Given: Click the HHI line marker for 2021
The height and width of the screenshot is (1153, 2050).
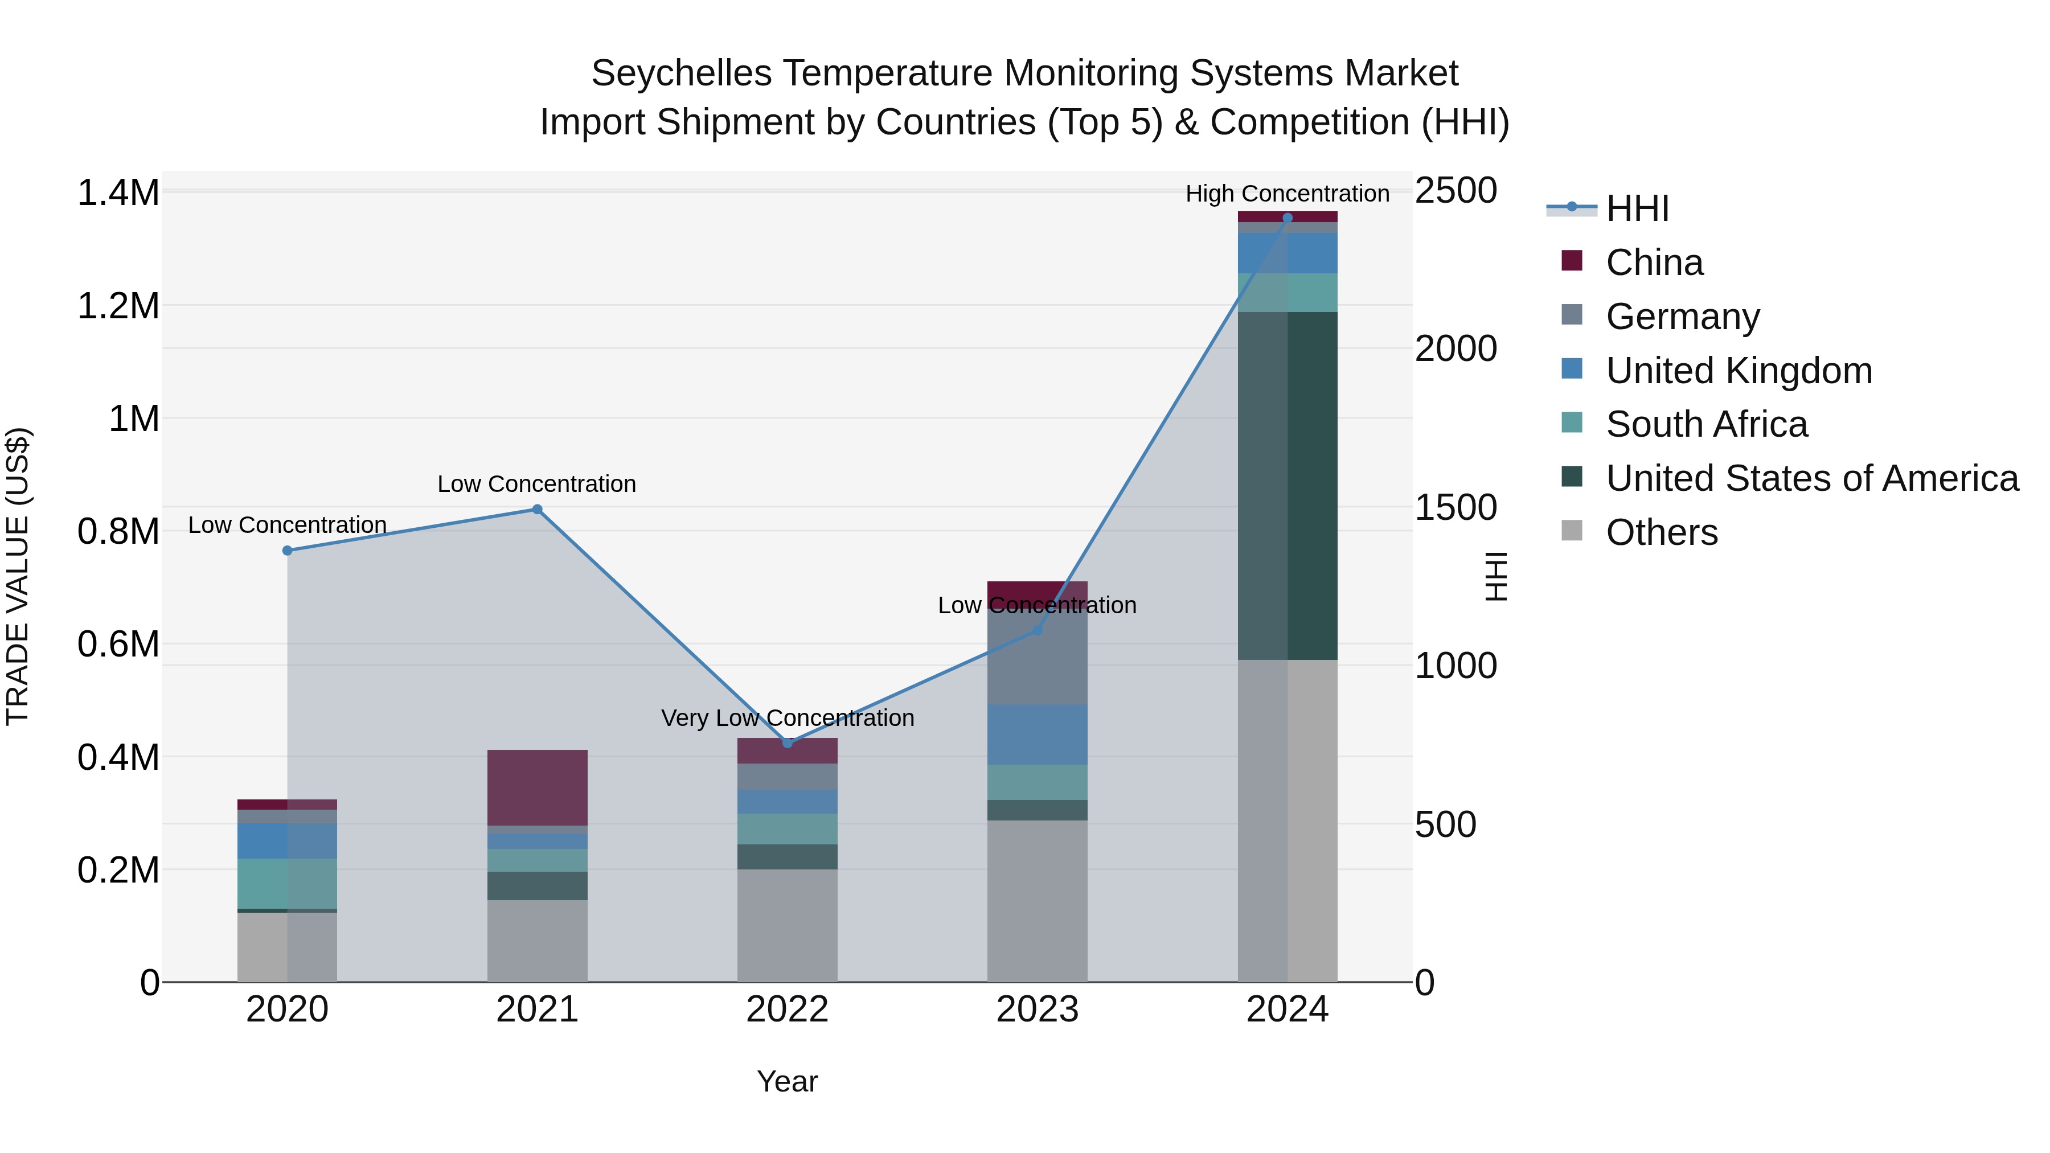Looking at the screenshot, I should pyautogui.click(x=537, y=509).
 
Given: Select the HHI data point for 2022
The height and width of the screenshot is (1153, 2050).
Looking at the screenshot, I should pyautogui.click(x=787, y=743).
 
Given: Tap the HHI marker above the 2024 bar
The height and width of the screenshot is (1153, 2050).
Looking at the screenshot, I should pyautogui.click(x=1288, y=218).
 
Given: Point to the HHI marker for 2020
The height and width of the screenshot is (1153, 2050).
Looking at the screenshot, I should pyautogui.click(x=288, y=551).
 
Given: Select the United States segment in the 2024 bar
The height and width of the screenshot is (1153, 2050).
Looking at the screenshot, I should pyautogui.click(x=1288, y=485).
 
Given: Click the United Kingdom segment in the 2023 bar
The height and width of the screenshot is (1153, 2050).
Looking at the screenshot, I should pyautogui.click(x=1037, y=735).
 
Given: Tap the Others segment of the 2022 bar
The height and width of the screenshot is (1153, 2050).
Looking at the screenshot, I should pyautogui.click(x=787, y=925).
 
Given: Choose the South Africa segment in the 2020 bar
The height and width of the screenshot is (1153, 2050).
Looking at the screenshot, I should pyautogui.click(x=288, y=883).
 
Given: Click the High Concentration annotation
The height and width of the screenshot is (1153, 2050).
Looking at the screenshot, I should pyautogui.click(x=1287, y=194).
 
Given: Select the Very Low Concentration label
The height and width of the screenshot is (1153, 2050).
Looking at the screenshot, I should pyautogui.click(x=787, y=719).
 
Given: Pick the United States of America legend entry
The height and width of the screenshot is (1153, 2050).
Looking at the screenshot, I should pyautogui.click(x=1811, y=478).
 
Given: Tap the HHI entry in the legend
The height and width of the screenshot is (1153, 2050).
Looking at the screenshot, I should pyautogui.click(x=1637, y=208).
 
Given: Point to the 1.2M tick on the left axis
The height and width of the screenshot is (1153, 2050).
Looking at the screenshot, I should pyautogui.click(x=118, y=306).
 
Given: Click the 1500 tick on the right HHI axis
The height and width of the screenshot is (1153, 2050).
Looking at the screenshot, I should pyautogui.click(x=1455, y=508).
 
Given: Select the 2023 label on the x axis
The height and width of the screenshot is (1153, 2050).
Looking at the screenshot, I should pyautogui.click(x=1037, y=1010).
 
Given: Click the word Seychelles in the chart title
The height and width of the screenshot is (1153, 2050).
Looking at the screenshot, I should pyautogui.click(x=681, y=73).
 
